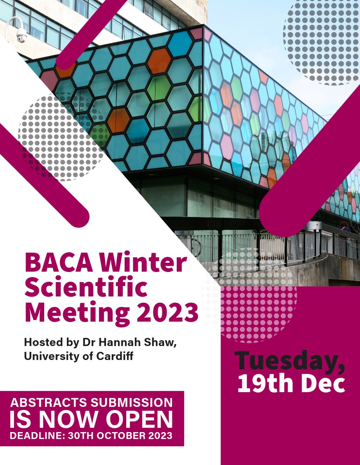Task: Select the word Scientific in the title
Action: [86, 288]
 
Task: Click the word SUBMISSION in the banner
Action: [128, 402]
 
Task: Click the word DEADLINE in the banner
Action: [36, 436]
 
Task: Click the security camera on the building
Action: [21, 36]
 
